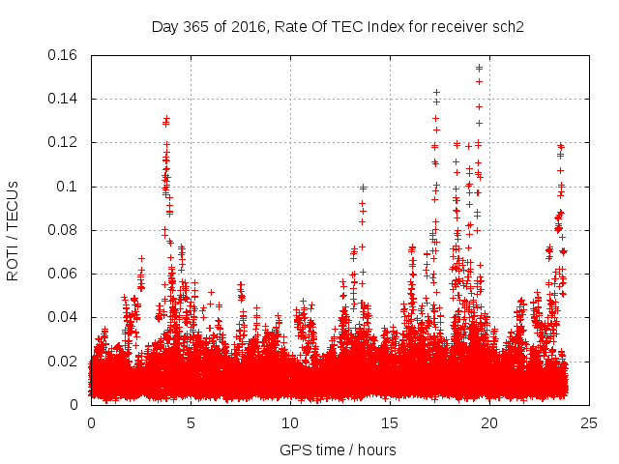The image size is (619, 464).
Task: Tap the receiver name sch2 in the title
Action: click(x=508, y=27)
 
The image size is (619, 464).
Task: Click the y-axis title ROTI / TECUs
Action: click(x=13, y=229)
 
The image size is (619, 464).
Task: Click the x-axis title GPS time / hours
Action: click(x=338, y=449)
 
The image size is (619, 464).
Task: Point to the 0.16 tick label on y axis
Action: click(x=64, y=55)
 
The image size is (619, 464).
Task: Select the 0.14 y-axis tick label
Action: click(x=64, y=99)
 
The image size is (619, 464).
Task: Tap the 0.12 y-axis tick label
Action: click(x=64, y=142)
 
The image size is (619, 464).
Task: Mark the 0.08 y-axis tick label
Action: click(x=64, y=230)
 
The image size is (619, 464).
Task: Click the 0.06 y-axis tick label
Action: click(x=64, y=274)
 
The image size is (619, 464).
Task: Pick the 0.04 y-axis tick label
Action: click(x=64, y=317)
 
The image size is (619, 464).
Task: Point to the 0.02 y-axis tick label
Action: click(x=64, y=362)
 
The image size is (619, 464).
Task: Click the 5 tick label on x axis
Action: click(x=191, y=422)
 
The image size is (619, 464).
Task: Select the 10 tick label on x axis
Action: click(x=290, y=422)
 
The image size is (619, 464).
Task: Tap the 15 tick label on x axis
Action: click(x=390, y=422)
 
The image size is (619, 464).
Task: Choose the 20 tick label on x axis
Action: click(x=489, y=422)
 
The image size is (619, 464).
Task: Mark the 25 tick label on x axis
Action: click(x=589, y=422)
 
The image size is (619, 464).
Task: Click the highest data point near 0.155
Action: click(x=480, y=68)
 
